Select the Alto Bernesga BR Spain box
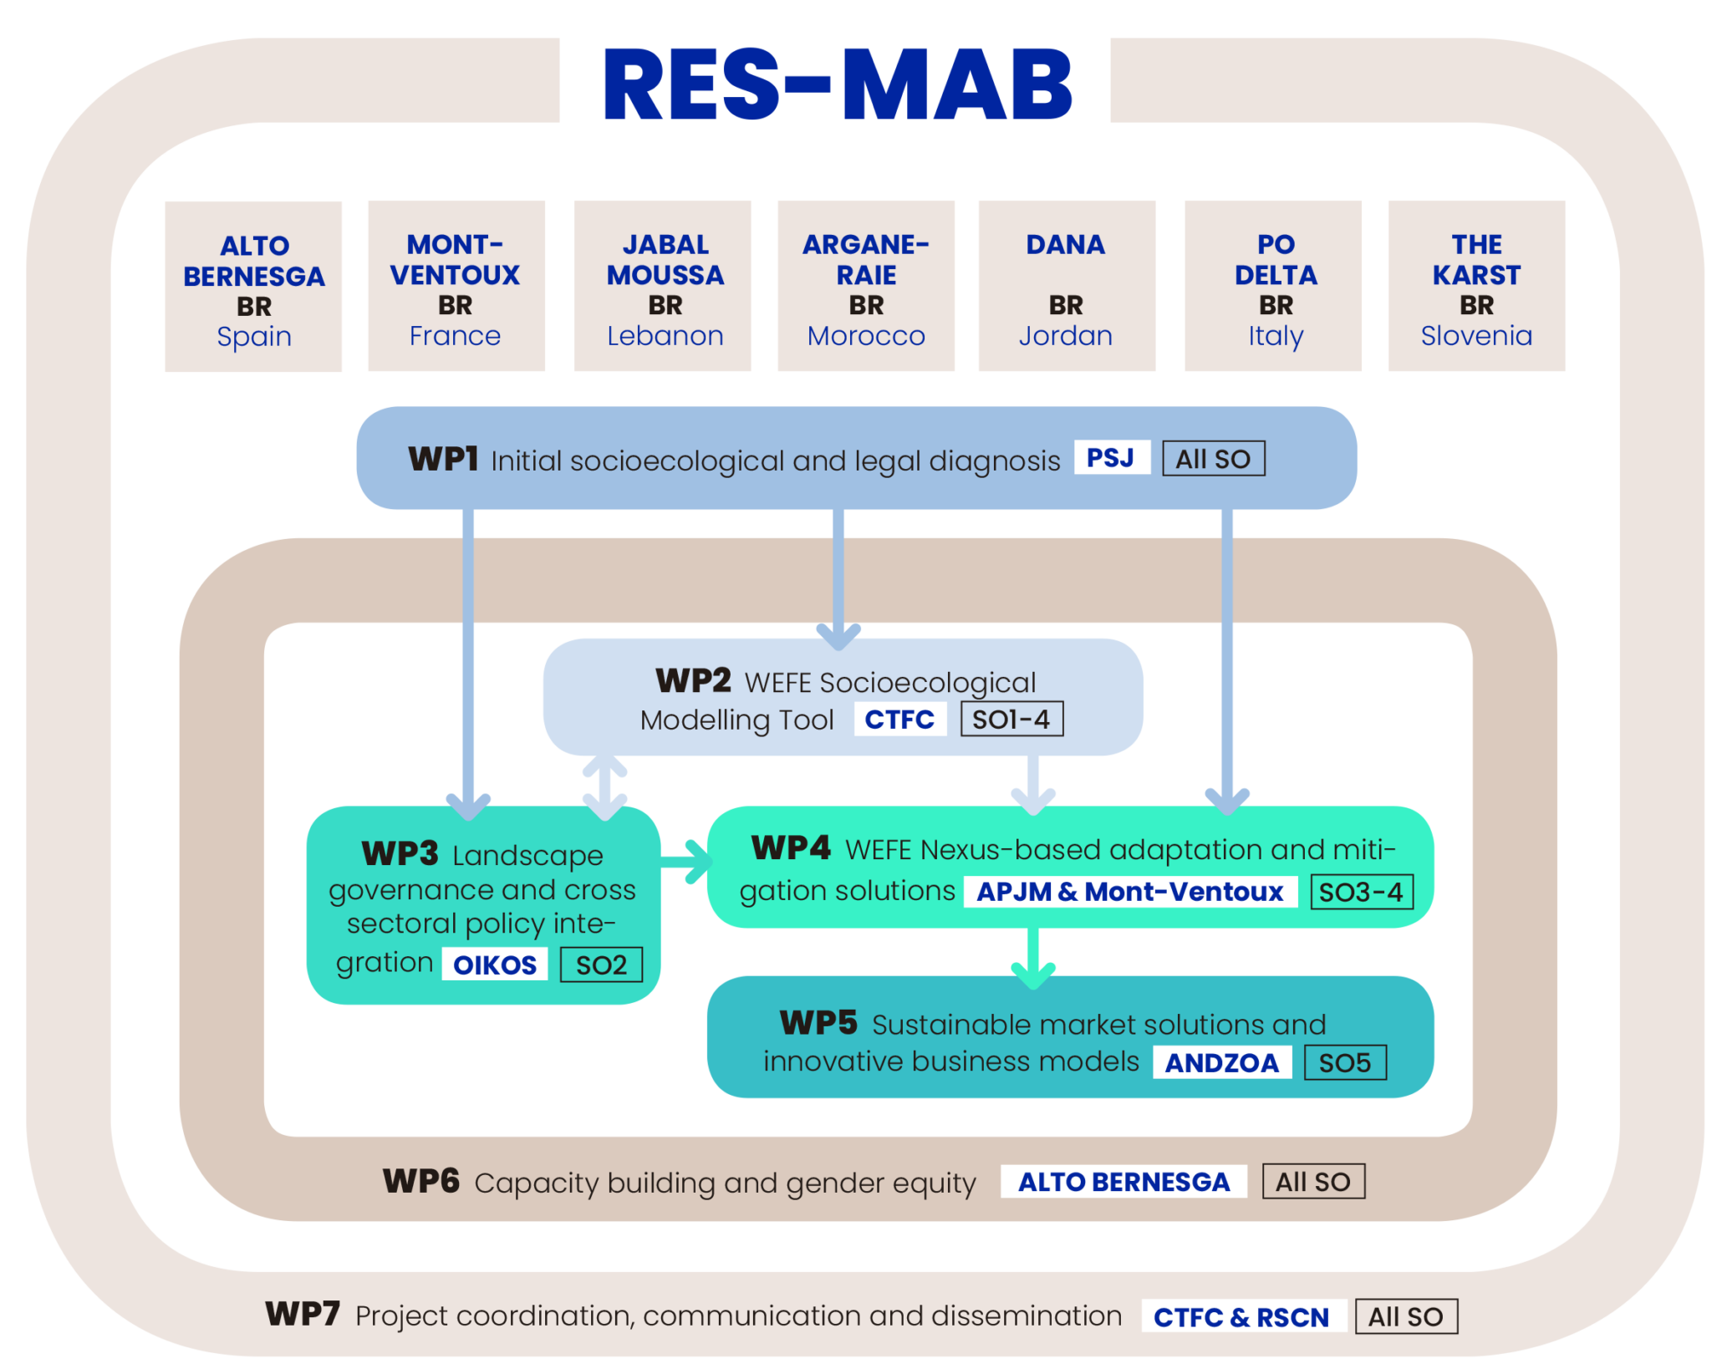click(253, 287)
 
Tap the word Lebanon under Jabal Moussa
click(665, 336)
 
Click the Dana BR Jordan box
click(1066, 287)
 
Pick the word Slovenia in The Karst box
click(1475, 336)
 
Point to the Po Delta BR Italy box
click(1273, 287)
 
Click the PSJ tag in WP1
click(1110, 458)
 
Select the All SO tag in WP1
click(1213, 459)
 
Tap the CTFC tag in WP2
click(899, 720)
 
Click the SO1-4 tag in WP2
click(1011, 720)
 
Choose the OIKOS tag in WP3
click(494, 964)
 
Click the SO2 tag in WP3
click(600, 965)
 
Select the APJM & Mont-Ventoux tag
click(1129, 892)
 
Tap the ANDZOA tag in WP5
click(1221, 1063)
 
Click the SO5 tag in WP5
click(1344, 1063)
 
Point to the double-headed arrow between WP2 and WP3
click(604, 788)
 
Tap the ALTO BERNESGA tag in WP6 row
click(1123, 1182)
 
